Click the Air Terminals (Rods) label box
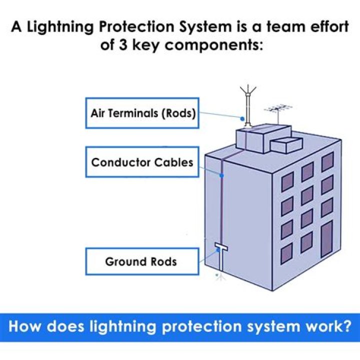tap(142, 112)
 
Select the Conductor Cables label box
tap(142, 162)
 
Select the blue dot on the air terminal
tap(242, 119)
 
